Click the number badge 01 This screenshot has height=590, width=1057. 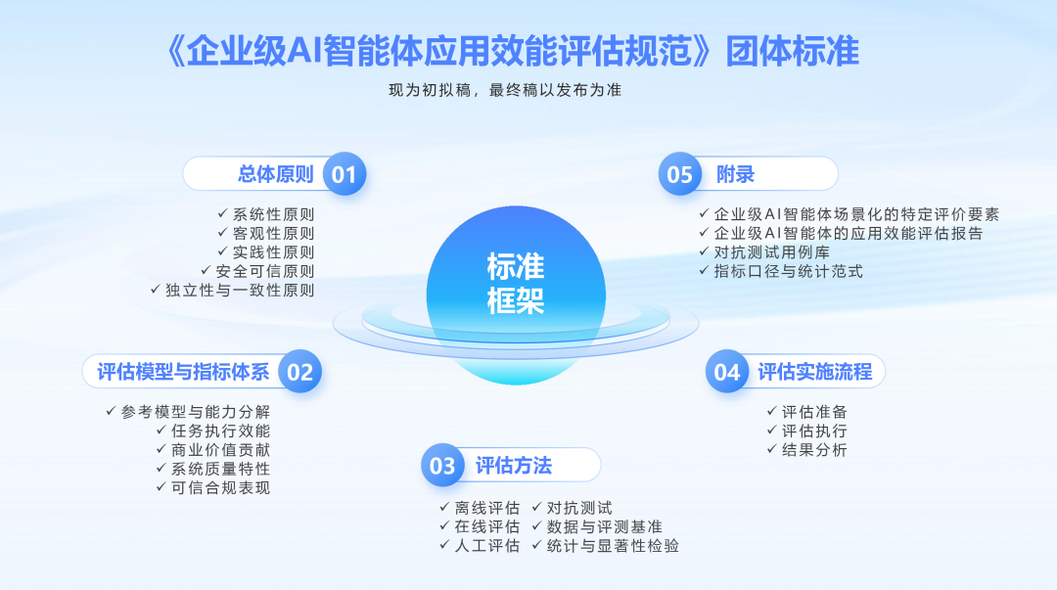pyautogui.click(x=344, y=174)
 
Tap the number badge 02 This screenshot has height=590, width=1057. pyautogui.click(x=300, y=372)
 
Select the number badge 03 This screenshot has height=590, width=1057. pyautogui.click(x=442, y=466)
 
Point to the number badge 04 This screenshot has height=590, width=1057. pyautogui.click(x=727, y=372)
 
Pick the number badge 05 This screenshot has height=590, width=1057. pyautogui.click(x=679, y=174)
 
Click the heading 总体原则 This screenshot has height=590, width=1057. pyautogui.click(x=276, y=174)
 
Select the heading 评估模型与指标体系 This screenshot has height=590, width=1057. pyautogui.click(x=183, y=372)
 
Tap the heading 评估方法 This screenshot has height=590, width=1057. pyautogui.click(x=514, y=466)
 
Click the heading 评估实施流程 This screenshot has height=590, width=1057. pyautogui.click(x=815, y=372)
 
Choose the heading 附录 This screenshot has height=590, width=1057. pyautogui.click(x=735, y=174)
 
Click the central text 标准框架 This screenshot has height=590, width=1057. pyautogui.click(x=516, y=284)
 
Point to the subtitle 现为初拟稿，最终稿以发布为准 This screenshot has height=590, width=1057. pyautogui.click(x=505, y=90)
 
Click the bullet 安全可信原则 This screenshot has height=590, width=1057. pyautogui.click(x=265, y=271)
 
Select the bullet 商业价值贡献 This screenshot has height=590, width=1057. pyautogui.click(x=220, y=450)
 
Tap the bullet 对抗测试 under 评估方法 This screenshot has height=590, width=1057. pyautogui.click(x=579, y=508)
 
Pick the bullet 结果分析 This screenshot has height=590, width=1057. pyautogui.click(x=814, y=450)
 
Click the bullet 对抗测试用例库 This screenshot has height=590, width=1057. pyautogui.click(x=772, y=252)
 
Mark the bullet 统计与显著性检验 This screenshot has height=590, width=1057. pyautogui.click(x=613, y=546)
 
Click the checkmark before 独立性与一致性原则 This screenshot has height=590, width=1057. pyautogui.click(x=155, y=290)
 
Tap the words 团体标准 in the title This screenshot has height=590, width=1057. pyautogui.click(x=793, y=51)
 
